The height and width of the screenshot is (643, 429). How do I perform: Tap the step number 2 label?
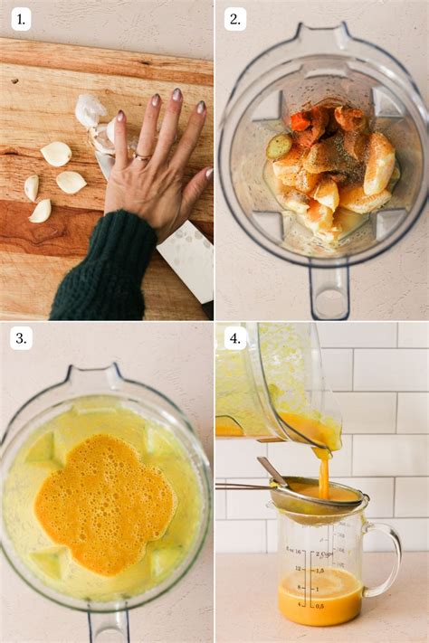pos(235,18)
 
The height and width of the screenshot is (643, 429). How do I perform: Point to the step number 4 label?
pos(235,338)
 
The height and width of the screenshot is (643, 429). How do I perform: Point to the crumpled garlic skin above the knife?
pos(90,111)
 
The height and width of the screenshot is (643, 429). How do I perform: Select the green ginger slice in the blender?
pos(279,147)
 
